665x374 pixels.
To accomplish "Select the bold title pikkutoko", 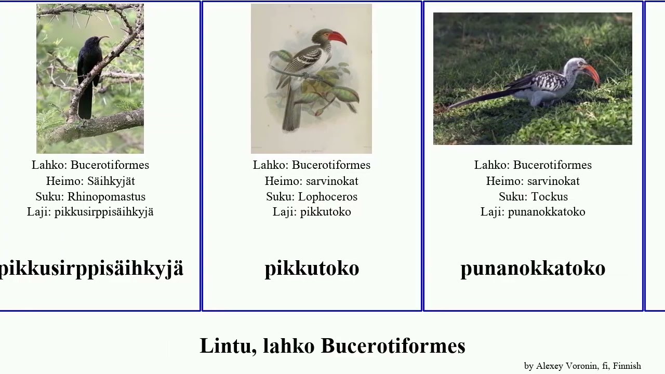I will point(312,268).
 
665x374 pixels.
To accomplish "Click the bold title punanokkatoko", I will point(533,268).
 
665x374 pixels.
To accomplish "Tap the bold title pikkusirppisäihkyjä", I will point(91,268).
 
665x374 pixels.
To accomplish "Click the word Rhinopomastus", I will point(107,196).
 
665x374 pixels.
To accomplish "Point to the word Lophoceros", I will point(328,196).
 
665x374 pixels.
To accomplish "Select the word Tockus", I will point(549,196).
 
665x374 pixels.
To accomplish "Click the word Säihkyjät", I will point(111,181).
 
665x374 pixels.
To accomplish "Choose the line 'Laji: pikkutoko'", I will point(312,211).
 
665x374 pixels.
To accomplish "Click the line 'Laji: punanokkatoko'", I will point(533,211).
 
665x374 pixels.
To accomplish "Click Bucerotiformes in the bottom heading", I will point(393,346).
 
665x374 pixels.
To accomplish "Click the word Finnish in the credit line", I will point(627,366).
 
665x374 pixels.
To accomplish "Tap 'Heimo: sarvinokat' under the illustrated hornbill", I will point(312,181).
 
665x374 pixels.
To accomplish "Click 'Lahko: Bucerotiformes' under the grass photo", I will point(533,165).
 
